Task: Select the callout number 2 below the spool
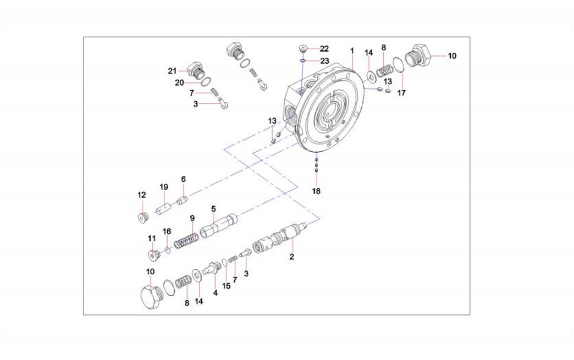point(292,257)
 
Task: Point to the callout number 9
point(192,218)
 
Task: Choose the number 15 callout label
point(226,286)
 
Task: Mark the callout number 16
point(167,231)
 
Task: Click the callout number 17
point(401,93)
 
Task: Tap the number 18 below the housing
point(316,191)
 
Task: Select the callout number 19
point(163,187)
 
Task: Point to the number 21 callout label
point(173,70)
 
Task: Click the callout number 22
point(324,49)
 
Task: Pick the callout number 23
point(324,60)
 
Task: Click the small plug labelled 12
point(142,218)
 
